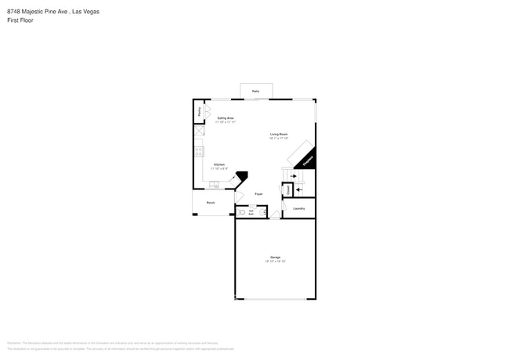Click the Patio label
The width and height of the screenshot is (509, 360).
pyautogui.click(x=255, y=92)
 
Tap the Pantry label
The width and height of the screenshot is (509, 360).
pyautogui.click(x=199, y=112)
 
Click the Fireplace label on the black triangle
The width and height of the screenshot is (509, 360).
pyautogui.click(x=306, y=161)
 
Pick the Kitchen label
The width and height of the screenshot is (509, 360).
pyautogui.click(x=219, y=164)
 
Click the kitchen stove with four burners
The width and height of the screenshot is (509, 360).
pyautogui.click(x=199, y=151)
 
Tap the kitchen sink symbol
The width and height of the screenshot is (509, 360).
pyautogui.click(x=213, y=185)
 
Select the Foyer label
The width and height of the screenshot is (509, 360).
pyautogui.click(x=258, y=193)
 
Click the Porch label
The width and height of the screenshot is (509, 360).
pyautogui.click(x=211, y=203)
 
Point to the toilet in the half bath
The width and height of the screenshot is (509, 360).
pyautogui.click(x=240, y=211)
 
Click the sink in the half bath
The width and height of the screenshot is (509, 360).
pyautogui.click(x=262, y=211)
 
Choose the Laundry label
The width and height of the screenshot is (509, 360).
pyautogui.click(x=298, y=208)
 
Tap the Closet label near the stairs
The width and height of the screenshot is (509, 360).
pyautogui.click(x=288, y=189)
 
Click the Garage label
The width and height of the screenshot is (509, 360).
pyautogui.click(x=276, y=257)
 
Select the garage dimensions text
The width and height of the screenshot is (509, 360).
pyautogui.click(x=276, y=261)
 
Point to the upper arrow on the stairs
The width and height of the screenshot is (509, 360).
pyautogui.click(x=295, y=177)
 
